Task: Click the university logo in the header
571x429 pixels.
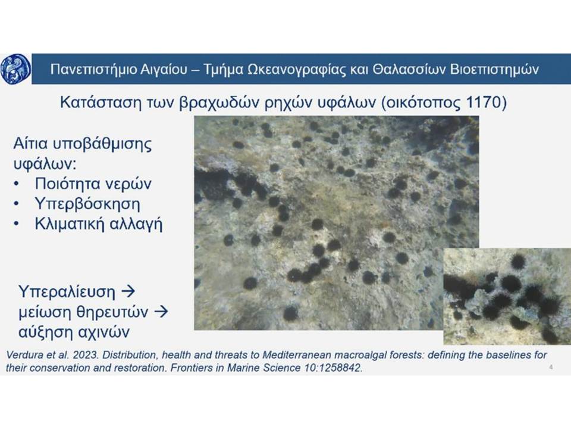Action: coord(15,69)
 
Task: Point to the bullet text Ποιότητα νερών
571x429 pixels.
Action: coord(93,184)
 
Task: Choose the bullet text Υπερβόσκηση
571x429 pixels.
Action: coord(87,204)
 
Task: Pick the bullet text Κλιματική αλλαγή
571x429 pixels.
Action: coord(98,223)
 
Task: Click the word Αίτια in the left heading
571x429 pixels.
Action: coord(30,144)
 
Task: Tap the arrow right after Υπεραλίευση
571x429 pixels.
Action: coord(128,291)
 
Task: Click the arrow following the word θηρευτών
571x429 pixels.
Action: coord(161,312)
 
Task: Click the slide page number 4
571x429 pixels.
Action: coord(551,367)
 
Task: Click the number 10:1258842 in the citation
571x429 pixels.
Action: coord(332,368)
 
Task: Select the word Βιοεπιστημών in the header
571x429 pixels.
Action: coord(494,69)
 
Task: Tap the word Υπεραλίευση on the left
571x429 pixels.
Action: coord(67,291)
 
